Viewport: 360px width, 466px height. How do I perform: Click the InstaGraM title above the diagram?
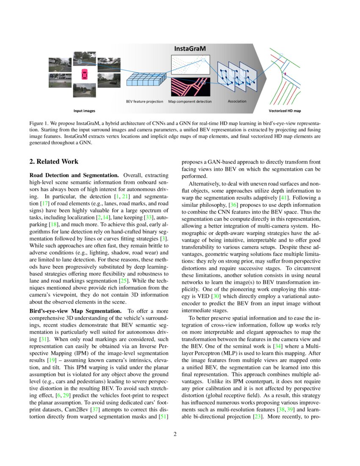pos(190,49)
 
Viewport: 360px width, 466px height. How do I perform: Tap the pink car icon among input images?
pos(84,74)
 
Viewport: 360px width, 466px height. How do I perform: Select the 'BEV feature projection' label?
pos(144,102)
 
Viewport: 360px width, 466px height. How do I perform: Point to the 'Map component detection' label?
pos(190,102)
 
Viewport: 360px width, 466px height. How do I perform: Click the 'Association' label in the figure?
pos(237,101)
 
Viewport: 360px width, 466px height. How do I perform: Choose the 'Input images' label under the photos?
pos(84,111)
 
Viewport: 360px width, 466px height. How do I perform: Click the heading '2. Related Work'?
pos(53,162)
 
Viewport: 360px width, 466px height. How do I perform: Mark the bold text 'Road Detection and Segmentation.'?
pos(74,175)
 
